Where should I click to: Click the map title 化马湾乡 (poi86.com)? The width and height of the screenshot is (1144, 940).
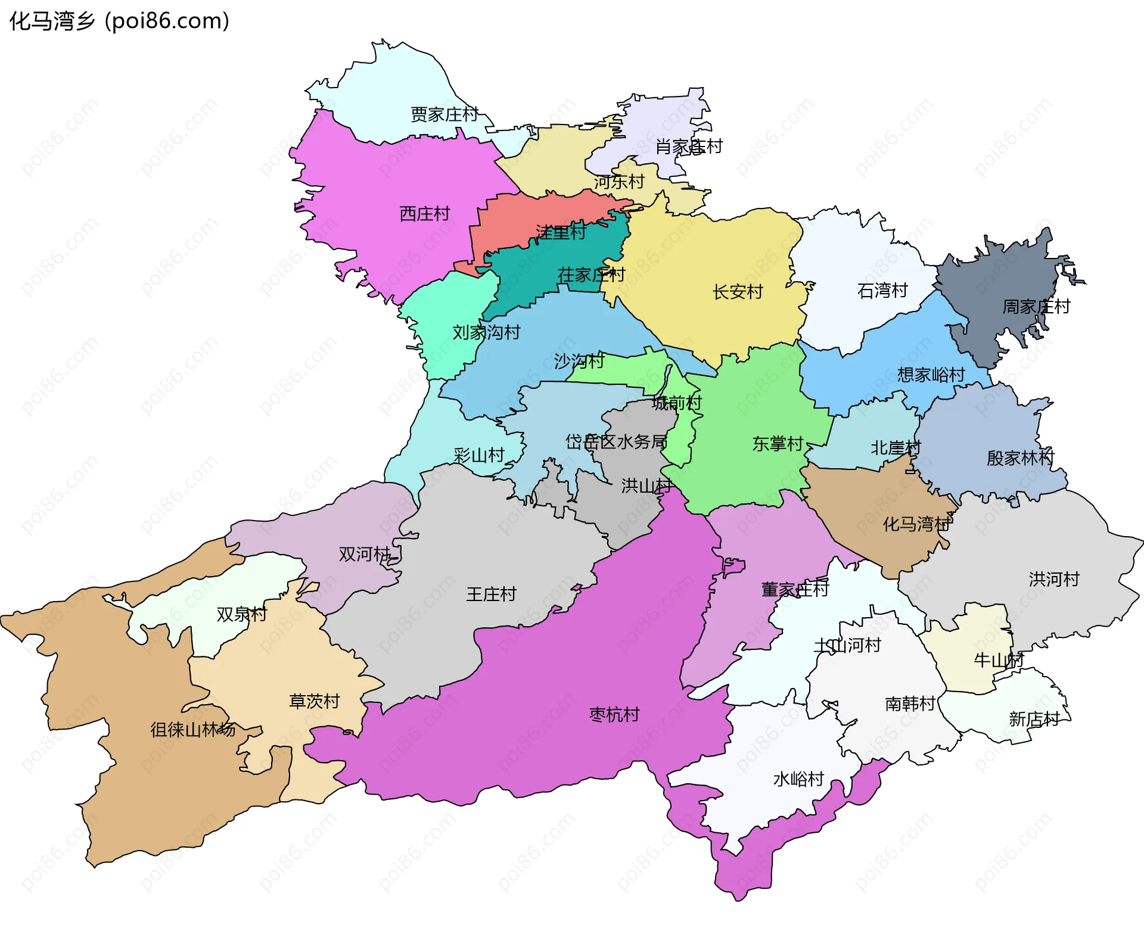pyautogui.click(x=119, y=21)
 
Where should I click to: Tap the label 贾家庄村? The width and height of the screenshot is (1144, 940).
pyautogui.click(x=444, y=114)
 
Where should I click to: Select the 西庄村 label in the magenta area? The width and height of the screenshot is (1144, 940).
pyautogui.click(x=425, y=214)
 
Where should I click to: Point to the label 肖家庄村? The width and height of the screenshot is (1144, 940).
pyautogui.click(x=689, y=147)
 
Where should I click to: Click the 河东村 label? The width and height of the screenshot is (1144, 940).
pyautogui.click(x=619, y=182)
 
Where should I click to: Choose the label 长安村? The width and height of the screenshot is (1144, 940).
pyautogui.click(x=738, y=292)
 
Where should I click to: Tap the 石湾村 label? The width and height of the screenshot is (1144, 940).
pyautogui.click(x=882, y=291)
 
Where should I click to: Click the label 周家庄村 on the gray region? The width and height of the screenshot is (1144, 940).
pyautogui.click(x=1036, y=307)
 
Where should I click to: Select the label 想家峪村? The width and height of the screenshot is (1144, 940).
pyautogui.click(x=931, y=375)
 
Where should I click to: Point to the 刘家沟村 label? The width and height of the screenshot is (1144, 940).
pyautogui.click(x=486, y=332)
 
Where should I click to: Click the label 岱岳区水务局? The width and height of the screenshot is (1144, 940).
pyautogui.click(x=616, y=441)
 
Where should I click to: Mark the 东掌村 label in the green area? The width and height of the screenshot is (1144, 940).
pyautogui.click(x=778, y=444)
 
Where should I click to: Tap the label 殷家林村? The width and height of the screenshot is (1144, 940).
pyautogui.click(x=1020, y=458)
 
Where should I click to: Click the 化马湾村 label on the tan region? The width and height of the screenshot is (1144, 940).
pyautogui.click(x=916, y=524)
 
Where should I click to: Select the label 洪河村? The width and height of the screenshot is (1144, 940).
pyautogui.click(x=1054, y=579)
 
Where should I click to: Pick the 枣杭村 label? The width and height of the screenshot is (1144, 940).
pyautogui.click(x=614, y=714)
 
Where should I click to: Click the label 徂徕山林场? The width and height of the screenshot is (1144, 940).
pyautogui.click(x=192, y=729)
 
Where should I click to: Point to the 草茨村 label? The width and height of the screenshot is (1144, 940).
pyautogui.click(x=314, y=701)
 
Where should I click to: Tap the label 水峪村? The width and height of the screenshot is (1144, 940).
pyautogui.click(x=798, y=779)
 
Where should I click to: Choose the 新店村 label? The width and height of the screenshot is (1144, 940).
pyautogui.click(x=1034, y=720)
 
